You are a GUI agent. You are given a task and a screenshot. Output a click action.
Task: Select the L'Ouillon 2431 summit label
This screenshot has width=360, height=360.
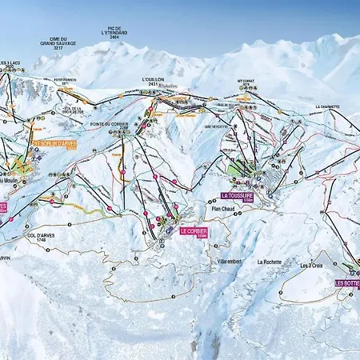pos(153,81)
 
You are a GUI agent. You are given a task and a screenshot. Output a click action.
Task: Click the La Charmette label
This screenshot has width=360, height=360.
pos(327,106)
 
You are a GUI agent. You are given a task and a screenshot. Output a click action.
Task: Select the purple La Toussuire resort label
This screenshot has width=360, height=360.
pos(238,195)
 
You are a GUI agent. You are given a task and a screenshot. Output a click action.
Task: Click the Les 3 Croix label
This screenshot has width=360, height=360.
pos(312,266)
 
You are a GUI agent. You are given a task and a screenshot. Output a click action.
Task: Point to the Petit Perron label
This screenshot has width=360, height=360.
pos(66,80)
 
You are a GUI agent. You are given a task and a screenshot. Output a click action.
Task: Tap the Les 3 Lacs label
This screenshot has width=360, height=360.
pos(9,62)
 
